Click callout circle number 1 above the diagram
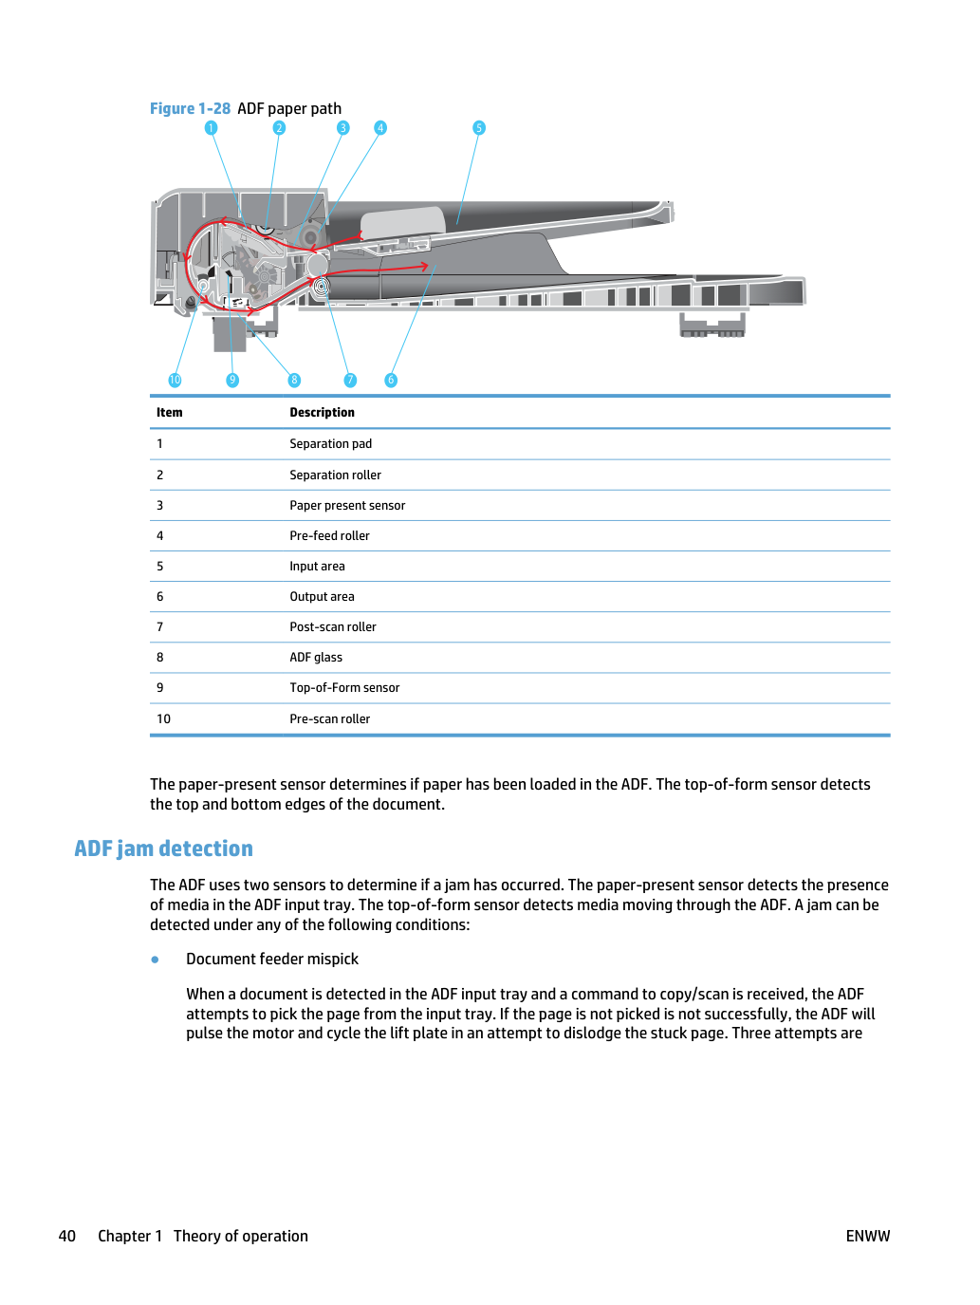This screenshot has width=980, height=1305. click(x=211, y=128)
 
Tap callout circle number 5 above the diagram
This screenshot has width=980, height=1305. click(x=479, y=128)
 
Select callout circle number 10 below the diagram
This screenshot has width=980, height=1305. click(x=175, y=380)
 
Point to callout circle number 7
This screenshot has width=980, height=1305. click(x=350, y=380)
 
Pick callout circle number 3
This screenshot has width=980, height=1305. click(x=342, y=128)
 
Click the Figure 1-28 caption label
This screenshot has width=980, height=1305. click(x=190, y=109)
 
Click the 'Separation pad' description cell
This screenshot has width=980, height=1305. click(x=330, y=444)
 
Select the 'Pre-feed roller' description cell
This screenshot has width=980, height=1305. click(x=329, y=535)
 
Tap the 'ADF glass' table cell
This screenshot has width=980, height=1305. click(x=316, y=657)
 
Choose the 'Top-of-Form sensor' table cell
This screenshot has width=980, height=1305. click(x=344, y=687)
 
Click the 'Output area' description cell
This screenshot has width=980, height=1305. click(x=322, y=596)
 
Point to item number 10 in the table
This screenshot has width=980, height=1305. click(x=163, y=718)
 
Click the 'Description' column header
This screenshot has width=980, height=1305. click(x=322, y=412)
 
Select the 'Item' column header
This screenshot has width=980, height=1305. click(x=170, y=412)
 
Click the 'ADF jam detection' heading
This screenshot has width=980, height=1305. click(x=163, y=848)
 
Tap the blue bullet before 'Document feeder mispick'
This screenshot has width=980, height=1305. click(x=156, y=959)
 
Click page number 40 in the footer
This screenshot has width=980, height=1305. click(x=66, y=1236)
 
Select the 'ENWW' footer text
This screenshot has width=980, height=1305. click(x=868, y=1236)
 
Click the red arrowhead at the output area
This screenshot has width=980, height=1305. click(x=424, y=266)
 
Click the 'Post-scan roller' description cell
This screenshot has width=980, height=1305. click(x=333, y=626)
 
